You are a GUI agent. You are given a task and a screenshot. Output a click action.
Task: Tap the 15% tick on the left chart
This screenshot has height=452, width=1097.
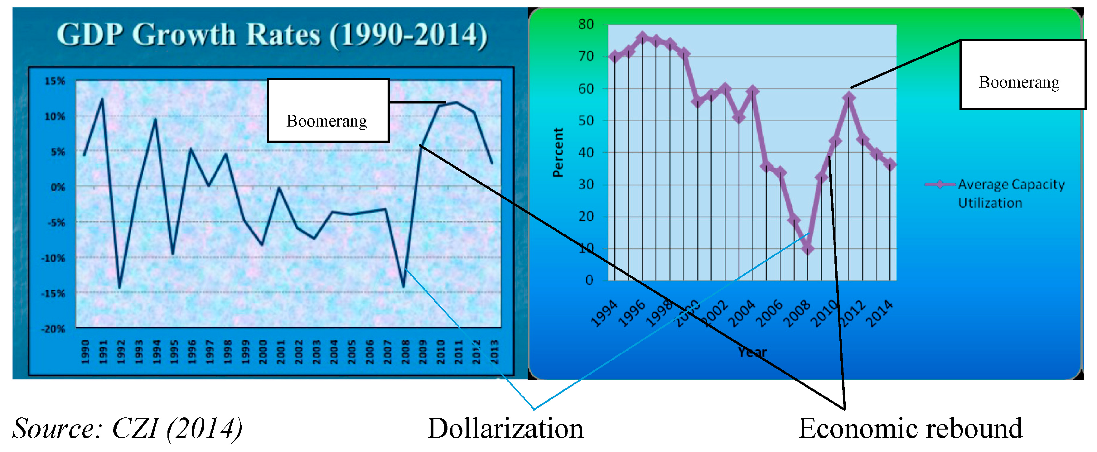point(55,81)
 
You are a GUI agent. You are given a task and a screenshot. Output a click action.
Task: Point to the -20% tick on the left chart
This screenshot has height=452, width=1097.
point(53,329)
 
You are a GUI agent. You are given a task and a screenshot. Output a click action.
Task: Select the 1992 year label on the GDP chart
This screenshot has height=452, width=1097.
point(121,352)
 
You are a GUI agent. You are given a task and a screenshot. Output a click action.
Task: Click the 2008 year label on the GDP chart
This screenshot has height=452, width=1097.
point(405,352)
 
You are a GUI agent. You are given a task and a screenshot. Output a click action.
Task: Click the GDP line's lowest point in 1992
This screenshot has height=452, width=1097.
point(120,288)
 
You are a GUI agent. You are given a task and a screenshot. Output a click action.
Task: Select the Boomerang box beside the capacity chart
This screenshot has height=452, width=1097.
point(1022,75)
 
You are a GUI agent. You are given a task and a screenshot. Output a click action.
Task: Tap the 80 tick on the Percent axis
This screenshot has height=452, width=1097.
point(586,24)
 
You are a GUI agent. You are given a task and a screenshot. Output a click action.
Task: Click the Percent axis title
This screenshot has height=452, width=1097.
point(558,152)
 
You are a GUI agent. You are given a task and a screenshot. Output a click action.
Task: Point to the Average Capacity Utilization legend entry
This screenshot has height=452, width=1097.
point(995,194)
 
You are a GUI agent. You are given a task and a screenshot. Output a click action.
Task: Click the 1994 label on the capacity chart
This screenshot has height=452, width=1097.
point(605,313)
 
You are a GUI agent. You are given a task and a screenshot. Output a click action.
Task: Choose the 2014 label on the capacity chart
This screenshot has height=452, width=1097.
point(880,313)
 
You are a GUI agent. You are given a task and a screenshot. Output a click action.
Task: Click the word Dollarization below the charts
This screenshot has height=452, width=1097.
point(505,428)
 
